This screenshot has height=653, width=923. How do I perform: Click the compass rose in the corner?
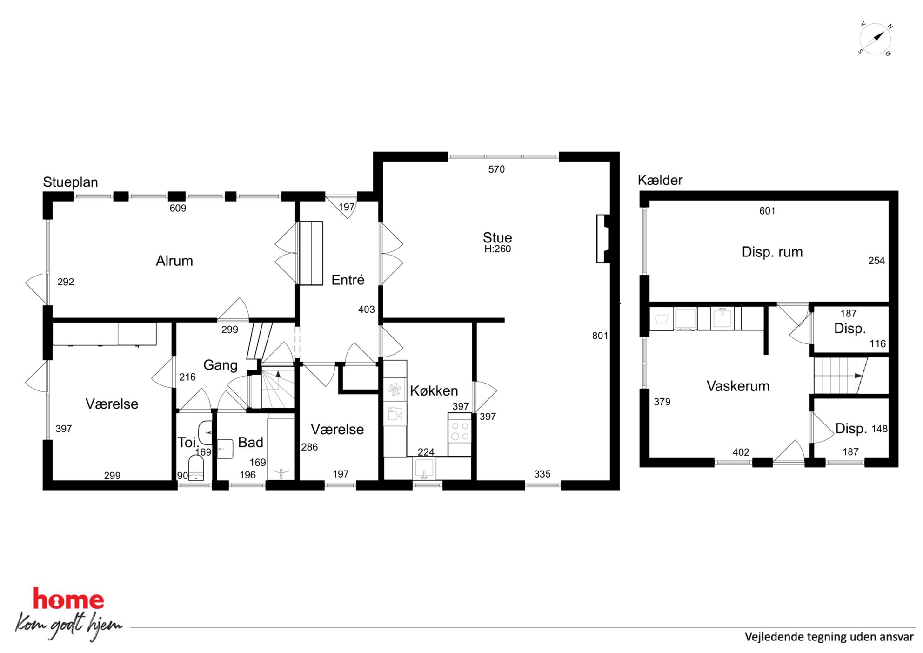coord(875,39)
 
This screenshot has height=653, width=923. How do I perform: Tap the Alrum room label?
coord(174,261)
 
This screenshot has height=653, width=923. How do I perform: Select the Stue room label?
coord(497,237)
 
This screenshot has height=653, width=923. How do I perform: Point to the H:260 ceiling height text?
coord(497,249)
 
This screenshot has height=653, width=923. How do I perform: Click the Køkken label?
coord(434,390)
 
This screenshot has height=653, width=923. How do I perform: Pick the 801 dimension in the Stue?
coord(600,336)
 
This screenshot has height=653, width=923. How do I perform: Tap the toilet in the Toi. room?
coord(196,467)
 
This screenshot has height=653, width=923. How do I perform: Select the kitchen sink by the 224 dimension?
coord(424,468)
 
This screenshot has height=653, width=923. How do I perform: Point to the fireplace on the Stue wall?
coord(603,239)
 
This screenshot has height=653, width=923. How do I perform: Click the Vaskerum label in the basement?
coord(738,386)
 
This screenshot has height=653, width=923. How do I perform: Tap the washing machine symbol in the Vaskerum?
coord(661,319)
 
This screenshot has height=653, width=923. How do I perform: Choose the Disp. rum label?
coord(772,252)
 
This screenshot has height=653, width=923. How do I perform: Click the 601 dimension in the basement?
coord(767,211)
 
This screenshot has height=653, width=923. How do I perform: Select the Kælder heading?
coord(660,180)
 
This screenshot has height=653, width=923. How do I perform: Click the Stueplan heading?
coord(70,182)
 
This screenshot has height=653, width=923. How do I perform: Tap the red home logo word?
coord(68,599)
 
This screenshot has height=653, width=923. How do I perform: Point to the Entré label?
coord(348,280)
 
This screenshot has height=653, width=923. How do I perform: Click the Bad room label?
coord(251,442)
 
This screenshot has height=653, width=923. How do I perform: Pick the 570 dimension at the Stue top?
coord(496,169)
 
